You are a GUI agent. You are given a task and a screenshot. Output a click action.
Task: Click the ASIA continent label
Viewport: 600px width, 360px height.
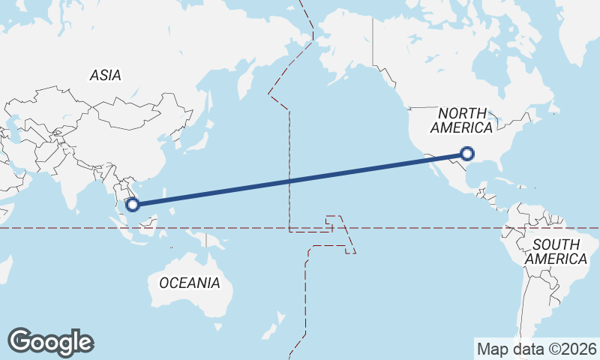pos(105,75)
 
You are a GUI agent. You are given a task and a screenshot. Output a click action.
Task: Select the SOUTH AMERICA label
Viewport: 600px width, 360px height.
pos(556,251)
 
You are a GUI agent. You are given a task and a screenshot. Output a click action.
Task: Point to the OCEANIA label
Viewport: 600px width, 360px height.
pos(190,283)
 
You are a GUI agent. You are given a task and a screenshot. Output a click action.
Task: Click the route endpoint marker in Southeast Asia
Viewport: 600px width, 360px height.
pos(133,203)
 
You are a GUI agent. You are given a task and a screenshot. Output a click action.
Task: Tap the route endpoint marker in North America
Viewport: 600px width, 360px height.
pos(467,154)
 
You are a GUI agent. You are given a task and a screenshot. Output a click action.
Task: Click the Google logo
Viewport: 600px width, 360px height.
pos(51,342)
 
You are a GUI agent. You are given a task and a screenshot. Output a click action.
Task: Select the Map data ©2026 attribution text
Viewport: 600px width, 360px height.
pos(537,349)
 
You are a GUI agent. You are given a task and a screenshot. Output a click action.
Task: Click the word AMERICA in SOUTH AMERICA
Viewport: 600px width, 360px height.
pos(556,259)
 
